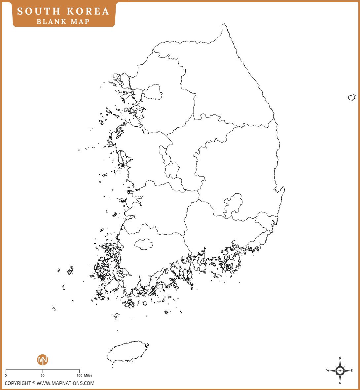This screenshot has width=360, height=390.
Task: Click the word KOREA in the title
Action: coord(88,12)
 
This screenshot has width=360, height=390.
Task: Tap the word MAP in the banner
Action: coord(80,22)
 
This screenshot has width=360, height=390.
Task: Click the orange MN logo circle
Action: coord(42,360)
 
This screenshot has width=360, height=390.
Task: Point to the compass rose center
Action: coord(340,371)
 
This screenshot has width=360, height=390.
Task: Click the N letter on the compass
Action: coord(340,358)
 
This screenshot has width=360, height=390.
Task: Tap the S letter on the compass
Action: coord(340,383)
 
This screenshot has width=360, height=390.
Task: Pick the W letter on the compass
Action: coord(328,371)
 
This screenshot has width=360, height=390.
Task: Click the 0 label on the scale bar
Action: coord(6,375)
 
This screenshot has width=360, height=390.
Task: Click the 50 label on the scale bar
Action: coord(42,375)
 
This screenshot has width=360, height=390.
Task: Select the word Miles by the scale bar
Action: coord(88,375)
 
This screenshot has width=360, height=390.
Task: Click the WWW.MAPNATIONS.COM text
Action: coord(65,383)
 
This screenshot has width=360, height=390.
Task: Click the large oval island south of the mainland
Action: coord(127,352)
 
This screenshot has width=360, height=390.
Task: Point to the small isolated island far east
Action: coord(351,97)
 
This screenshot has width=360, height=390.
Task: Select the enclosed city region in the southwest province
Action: coord(144,244)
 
